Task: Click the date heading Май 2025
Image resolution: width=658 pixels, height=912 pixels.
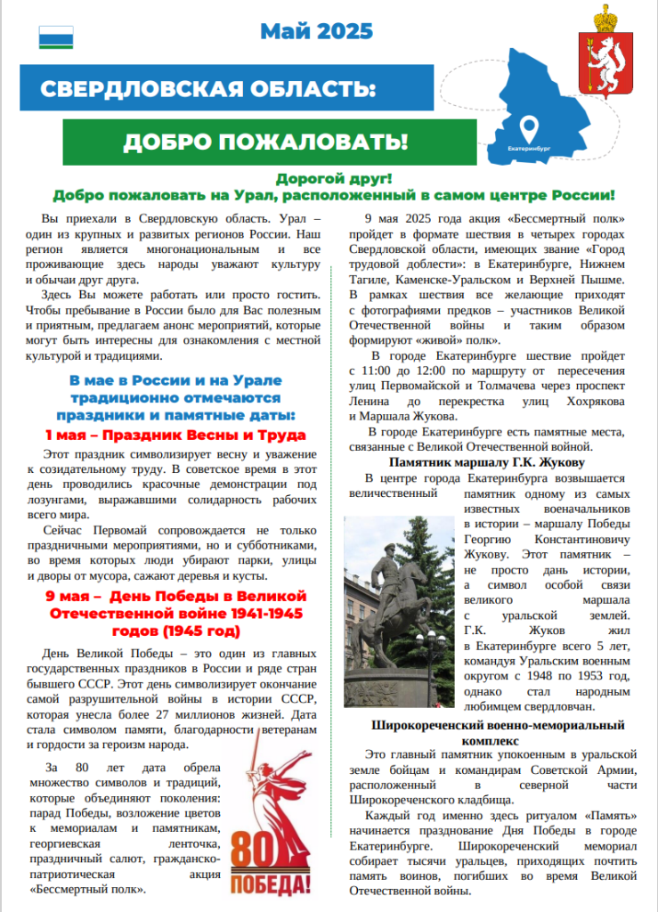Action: [x=316, y=32]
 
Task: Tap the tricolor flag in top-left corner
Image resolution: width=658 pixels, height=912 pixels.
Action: [x=56, y=37]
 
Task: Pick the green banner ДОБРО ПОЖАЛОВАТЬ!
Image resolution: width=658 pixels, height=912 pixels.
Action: [x=265, y=142]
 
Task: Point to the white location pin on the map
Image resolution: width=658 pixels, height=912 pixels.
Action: [x=529, y=126]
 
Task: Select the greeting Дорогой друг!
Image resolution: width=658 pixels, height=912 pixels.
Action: [x=334, y=179]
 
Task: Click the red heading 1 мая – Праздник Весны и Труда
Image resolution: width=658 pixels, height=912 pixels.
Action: [x=175, y=435]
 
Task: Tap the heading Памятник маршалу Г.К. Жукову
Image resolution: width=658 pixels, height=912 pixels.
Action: [x=486, y=463]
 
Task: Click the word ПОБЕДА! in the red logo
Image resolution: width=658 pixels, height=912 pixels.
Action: [x=272, y=886]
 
